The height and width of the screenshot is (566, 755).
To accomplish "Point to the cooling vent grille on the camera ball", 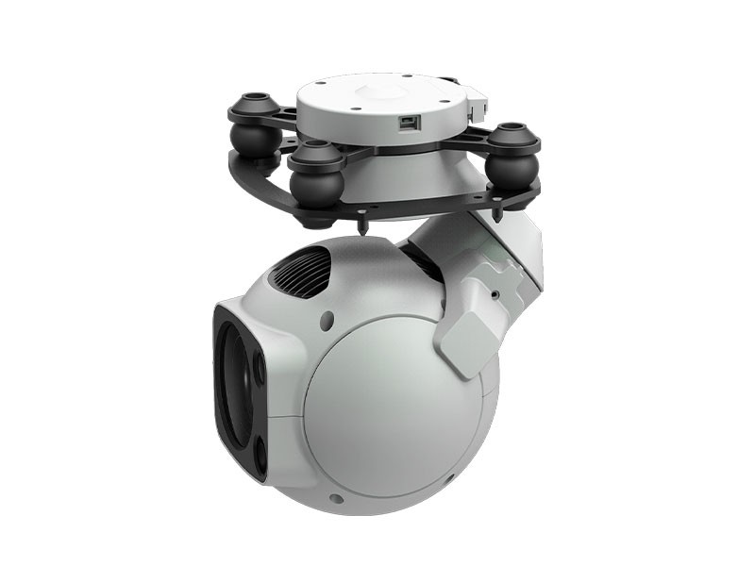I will pos(299,269).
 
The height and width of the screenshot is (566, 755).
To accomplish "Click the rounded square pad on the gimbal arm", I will pos(469,333).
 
